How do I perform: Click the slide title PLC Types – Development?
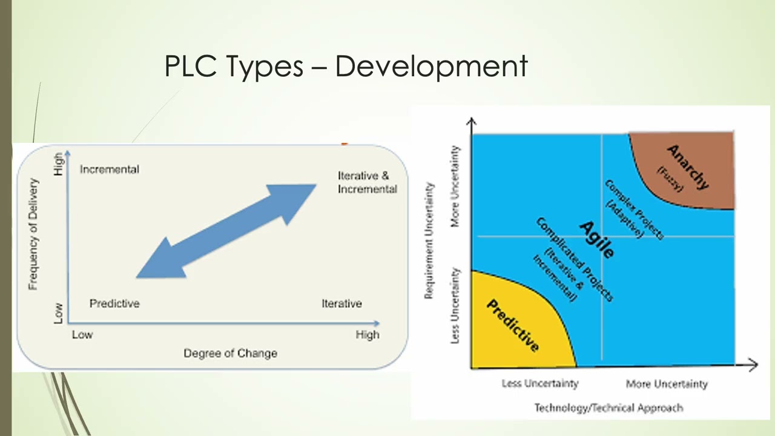(346, 65)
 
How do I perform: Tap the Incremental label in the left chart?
(110, 170)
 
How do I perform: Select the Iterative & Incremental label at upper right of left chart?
(367, 182)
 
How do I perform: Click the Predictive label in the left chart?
(114, 303)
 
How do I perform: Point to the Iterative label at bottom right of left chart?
(341, 303)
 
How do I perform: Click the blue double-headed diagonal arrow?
(226, 231)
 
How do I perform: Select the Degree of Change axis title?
(230, 353)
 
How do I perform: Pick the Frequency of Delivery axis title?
(33, 234)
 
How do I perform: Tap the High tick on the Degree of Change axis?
(367, 335)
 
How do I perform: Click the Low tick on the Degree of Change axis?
(82, 335)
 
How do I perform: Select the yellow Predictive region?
(515, 327)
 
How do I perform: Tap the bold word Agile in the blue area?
(596, 239)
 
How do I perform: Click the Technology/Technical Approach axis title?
(608, 408)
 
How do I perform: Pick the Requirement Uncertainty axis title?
(429, 240)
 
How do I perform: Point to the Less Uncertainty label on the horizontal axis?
(540, 383)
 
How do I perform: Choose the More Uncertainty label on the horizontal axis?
(667, 383)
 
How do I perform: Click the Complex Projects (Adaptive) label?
(633, 209)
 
